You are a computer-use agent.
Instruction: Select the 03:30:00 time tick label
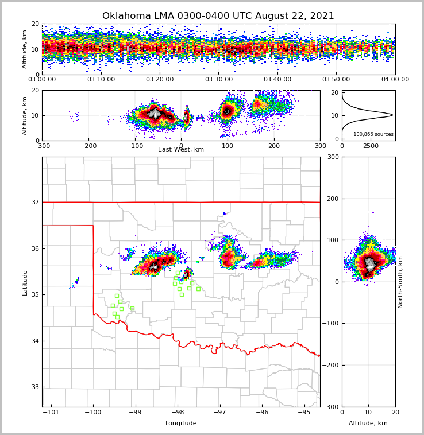(219, 80)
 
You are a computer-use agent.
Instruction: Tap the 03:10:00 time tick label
(101, 80)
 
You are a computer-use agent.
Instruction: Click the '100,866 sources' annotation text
(373, 134)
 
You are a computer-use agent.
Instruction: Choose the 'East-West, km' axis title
(181, 150)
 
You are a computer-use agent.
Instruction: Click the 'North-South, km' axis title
(400, 282)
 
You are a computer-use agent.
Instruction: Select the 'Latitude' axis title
(25, 282)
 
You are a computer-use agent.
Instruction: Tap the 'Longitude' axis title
(181, 424)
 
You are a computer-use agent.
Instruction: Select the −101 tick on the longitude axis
(52, 413)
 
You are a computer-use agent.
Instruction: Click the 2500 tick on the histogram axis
(371, 146)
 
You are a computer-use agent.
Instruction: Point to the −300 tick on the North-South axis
(332, 407)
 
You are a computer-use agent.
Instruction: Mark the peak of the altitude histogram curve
(392, 115)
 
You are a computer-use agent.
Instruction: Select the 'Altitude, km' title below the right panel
(368, 424)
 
